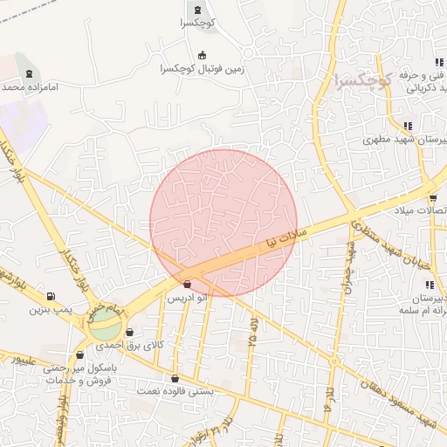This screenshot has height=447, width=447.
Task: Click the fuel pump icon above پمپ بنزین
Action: [x=51, y=297]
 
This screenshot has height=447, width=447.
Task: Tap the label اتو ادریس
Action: [x=189, y=298]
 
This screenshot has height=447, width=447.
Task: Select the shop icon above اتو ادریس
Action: [x=188, y=285]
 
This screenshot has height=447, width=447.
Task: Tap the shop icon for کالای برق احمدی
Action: [x=130, y=333]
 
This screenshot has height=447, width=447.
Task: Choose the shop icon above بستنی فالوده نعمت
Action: [x=175, y=379]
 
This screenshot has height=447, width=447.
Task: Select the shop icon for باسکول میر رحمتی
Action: [x=80, y=355]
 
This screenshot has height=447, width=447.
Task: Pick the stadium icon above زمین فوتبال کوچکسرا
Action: [x=203, y=54]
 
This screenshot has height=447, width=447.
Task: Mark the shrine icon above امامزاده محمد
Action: [x=31, y=73]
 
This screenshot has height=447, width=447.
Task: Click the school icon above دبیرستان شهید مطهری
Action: [x=408, y=126]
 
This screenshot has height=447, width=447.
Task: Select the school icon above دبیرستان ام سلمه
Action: [x=429, y=285]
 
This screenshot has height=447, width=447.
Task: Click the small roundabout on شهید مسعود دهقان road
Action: [x=334, y=361]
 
